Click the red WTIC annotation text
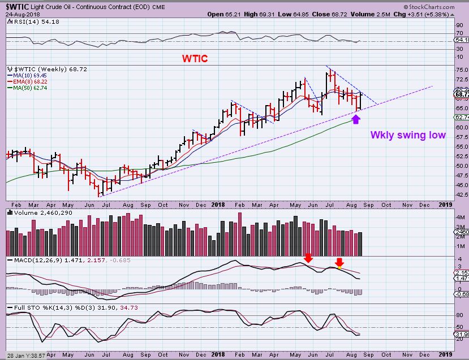194,58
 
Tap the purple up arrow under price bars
356,119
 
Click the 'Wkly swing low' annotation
408,135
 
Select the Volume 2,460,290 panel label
31,212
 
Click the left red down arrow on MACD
308,258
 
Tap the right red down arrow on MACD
339,262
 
